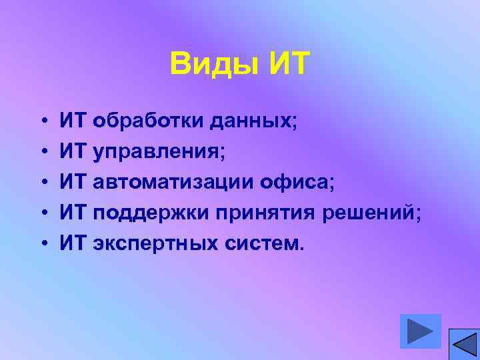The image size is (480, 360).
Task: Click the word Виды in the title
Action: click(215, 65)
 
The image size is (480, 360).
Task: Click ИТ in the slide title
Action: click(289, 65)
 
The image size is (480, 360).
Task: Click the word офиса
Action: click(295, 182)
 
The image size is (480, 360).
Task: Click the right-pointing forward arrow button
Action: click(421, 331)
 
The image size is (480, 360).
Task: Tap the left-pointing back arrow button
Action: click(463, 344)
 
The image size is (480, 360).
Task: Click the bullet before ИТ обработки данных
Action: click(41, 122)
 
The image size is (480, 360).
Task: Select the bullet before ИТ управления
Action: click(41, 153)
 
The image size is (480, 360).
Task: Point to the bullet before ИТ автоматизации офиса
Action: click(41, 183)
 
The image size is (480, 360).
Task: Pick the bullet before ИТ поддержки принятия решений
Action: click(41, 213)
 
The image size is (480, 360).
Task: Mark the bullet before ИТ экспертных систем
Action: click(41, 244)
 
